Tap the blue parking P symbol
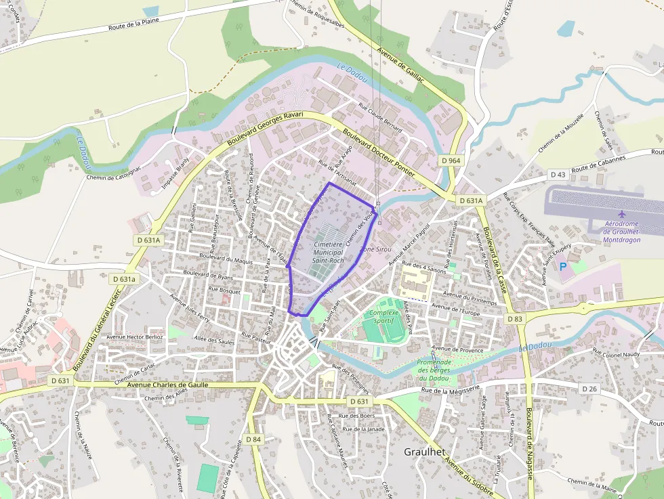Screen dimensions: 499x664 563,267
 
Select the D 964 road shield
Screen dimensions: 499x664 450,161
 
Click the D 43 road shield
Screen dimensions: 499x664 558,175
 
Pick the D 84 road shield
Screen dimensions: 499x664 253,439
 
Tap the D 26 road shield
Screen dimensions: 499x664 589,388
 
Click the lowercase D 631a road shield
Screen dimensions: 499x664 123,279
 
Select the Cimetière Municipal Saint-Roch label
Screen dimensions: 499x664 329,252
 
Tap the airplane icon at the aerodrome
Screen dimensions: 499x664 623,215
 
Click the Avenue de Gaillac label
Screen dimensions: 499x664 400,66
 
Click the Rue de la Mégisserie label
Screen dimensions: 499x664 450,389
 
